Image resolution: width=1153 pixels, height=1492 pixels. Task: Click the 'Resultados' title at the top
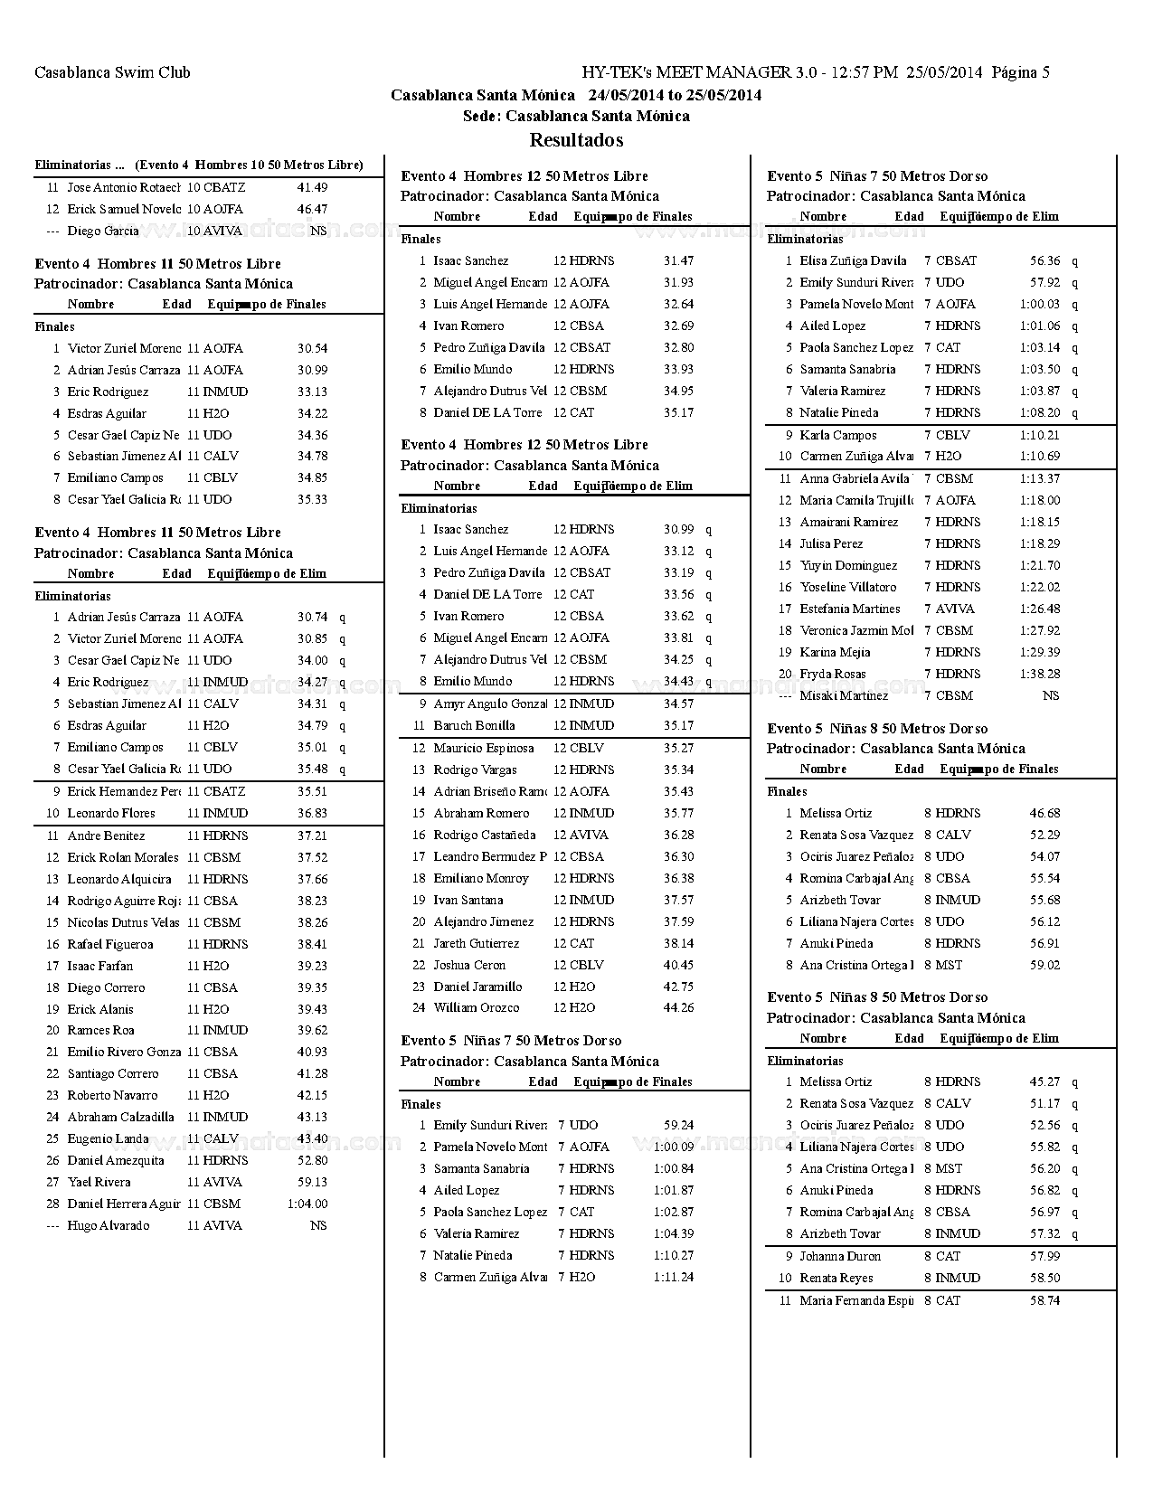[x=576, y=140]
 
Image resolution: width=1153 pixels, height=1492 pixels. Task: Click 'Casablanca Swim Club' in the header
[x=112, y=72]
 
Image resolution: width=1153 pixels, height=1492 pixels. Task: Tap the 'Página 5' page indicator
[x=1020, y=72]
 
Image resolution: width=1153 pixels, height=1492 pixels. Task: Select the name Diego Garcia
[x=103, y=231]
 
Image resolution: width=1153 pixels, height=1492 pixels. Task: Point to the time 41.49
[x=312, y=187]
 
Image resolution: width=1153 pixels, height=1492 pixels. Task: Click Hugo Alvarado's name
[x=109, y=1225]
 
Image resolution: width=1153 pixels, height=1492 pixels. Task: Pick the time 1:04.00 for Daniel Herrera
[x=307, y=1204]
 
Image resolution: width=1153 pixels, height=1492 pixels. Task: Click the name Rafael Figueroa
[x=110, y=944]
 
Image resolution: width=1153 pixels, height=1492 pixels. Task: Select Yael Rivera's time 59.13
[x=312, y=1182]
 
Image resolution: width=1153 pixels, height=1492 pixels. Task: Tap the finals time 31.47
[x=678, y=260]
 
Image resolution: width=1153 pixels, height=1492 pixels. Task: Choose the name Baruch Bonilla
[x=474, y=725]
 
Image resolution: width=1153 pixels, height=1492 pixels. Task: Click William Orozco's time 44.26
[x=678, y=1007]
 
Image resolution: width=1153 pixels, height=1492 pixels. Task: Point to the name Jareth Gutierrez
[x=476, y=943]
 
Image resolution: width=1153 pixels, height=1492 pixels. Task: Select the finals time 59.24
[x=678, y=1125]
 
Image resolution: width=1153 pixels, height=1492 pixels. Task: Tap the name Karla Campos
[x=838, y=435]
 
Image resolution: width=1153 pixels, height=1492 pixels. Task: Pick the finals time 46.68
[x=1044, y=813]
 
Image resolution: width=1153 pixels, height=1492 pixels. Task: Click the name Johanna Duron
[x=840, y=1256]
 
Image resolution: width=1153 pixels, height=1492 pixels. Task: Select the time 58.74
[x=1044, y=1300]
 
